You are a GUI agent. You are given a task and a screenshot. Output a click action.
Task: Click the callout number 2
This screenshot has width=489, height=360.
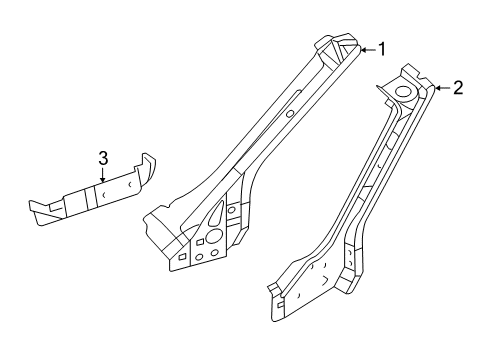(x=457, y=88)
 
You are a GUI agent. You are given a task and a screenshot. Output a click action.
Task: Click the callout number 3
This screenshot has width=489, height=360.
(x=102, y=156)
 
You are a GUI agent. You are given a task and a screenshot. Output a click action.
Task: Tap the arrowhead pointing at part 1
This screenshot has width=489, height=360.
(x=361, y=48)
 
